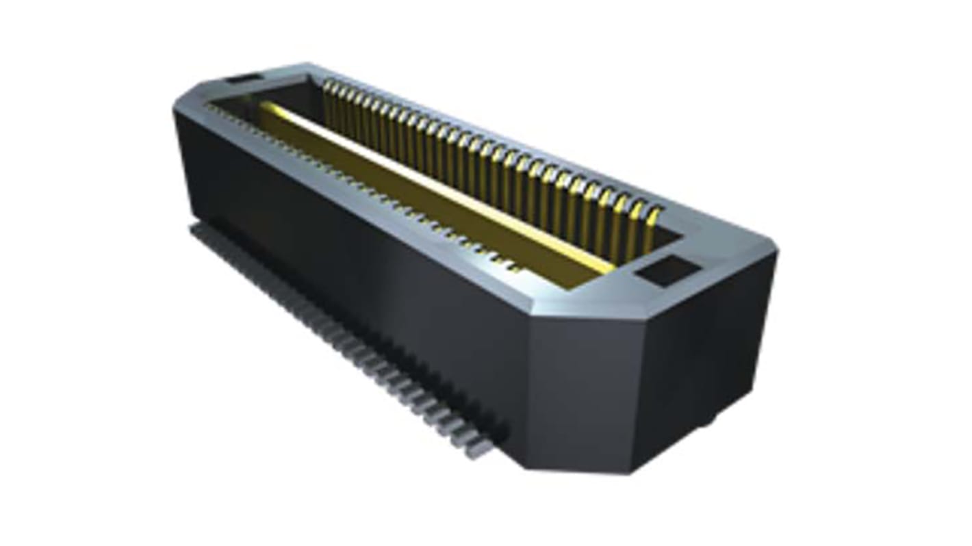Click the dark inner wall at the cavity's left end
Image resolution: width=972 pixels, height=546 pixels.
[x=287, y=96]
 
